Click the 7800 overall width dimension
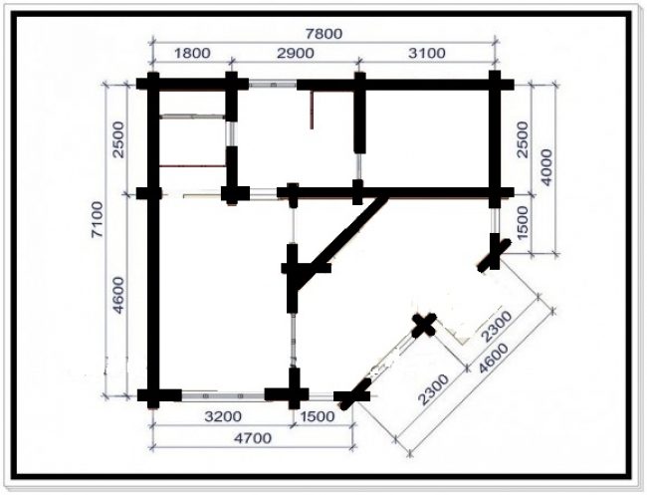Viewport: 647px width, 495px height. tap(323, 33)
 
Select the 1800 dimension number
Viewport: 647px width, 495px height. tap(192, 53)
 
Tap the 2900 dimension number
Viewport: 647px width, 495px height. tap(295, 53)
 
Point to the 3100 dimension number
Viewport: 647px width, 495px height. tap(427, 53)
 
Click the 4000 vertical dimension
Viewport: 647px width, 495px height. tap(545, 167)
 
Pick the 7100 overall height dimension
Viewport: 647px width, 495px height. tap(98, 220)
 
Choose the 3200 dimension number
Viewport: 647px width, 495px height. tap(223, 416)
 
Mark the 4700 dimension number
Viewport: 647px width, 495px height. tap(253, 437)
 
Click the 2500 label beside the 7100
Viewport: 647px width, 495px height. tap(118, 139)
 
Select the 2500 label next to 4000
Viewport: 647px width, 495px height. tap(522, 139)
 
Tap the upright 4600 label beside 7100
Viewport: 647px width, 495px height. tap(118, 295)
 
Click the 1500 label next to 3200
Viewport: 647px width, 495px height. tap(318, 416)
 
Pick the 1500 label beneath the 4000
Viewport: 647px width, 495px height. tap(522, 222)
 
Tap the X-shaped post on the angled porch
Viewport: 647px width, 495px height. tap(424, 325)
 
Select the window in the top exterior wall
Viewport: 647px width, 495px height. tap(273, 85)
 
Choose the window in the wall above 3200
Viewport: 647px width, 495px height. tap(223, 396)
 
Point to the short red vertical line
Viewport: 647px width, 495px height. tap(312, 110)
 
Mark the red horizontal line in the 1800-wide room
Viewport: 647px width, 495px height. tap(192, 166)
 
